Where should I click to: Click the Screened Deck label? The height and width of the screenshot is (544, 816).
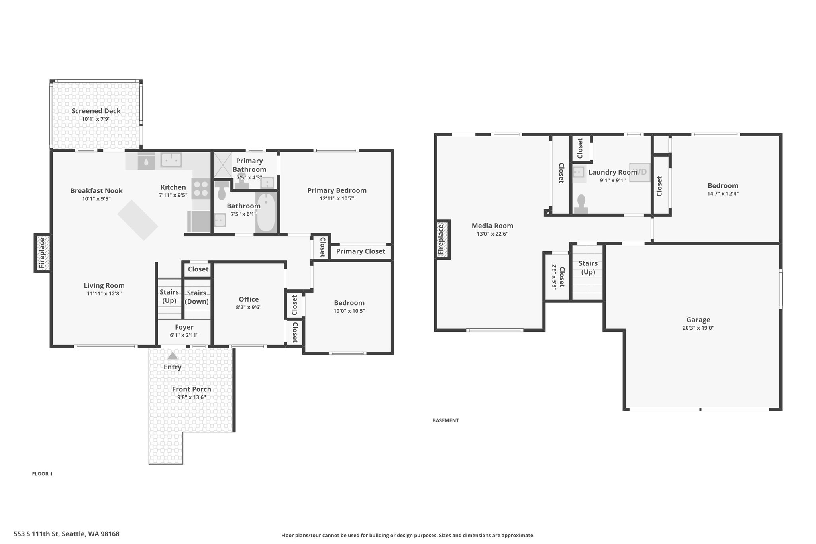tap(96, 111)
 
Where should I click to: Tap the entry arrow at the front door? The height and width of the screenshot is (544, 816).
tap(173, 356)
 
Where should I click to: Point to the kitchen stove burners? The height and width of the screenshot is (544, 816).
tap(201, 189)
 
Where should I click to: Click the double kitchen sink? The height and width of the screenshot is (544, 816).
tap(171, 160)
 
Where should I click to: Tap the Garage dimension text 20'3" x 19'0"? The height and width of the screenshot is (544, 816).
tap(698, 328)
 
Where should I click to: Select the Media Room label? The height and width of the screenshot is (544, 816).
tap(492, 226)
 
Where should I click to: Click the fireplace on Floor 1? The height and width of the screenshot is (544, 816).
tap(42, 253)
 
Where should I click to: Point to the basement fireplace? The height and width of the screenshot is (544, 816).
tap(442, 240)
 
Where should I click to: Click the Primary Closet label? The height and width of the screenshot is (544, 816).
tap(361, 251)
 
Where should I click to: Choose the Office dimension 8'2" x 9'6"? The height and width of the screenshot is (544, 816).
tap(249, 307)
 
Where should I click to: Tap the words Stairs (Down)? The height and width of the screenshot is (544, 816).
tap(197, 297)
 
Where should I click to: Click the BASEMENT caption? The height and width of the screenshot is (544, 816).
tap(445, 420)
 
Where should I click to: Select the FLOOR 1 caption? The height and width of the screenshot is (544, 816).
tap(42, 474)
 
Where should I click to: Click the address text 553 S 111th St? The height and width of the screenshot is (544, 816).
tap(36, 534)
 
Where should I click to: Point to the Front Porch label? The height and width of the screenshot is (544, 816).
tap(192, 389)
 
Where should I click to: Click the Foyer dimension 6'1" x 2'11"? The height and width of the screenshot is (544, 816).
tap(184, 335)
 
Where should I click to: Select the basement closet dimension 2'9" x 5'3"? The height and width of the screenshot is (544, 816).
tap(554, 276)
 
